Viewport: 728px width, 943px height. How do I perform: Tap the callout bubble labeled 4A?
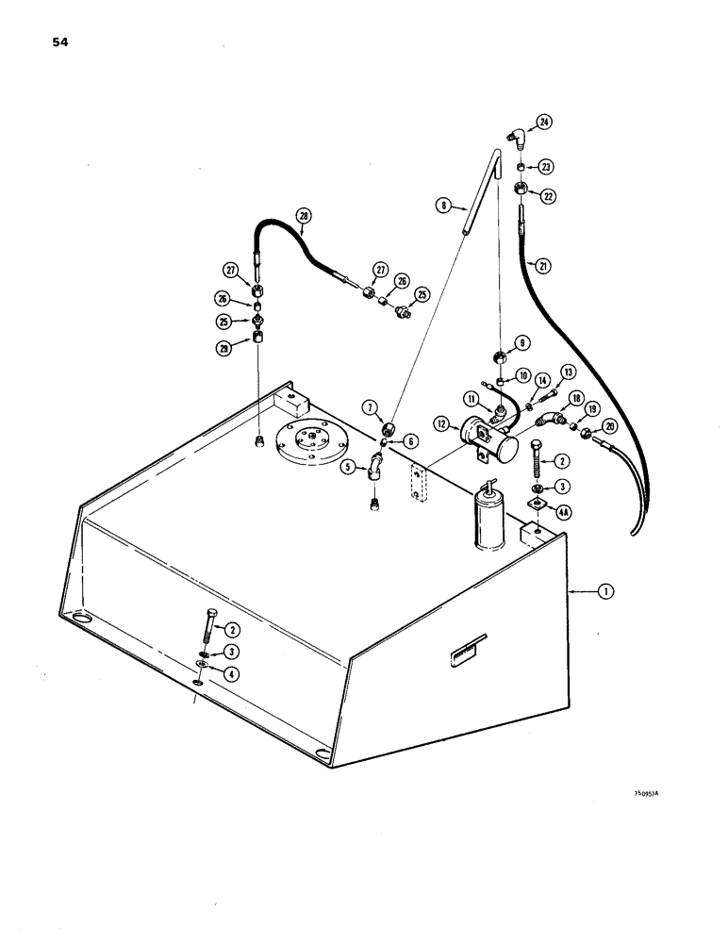pos(564,512)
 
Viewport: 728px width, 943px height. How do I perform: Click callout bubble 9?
pos(521,343)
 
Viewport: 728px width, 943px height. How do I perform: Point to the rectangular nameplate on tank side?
pos(466,646)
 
